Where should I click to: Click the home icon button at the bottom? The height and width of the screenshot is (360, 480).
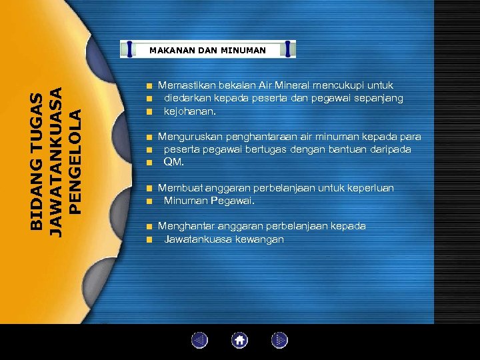pos(240,341)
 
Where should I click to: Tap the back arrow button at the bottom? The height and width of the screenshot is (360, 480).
pos(200,341)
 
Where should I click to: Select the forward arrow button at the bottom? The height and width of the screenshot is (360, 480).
pos(279,341)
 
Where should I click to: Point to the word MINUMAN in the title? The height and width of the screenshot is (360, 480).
pos(244,50)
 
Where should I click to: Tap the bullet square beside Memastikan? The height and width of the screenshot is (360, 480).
pos(151,86)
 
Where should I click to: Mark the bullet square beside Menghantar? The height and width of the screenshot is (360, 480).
pos(151,227)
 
